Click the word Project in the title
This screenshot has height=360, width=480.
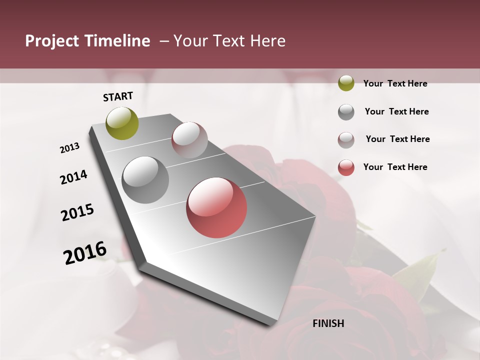pos(50,41)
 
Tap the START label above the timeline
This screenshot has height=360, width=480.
pos(118,96)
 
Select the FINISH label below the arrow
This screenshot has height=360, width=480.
pos(328,323)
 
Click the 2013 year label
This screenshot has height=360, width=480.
pos(70,148)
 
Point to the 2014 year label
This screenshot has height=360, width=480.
pos(73,177)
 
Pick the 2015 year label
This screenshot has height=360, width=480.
pos(77,212)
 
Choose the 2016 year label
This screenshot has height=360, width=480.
pos(85,253)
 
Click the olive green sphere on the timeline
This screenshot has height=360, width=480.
pos(122,123)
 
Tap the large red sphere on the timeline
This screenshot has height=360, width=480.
pos(216,208)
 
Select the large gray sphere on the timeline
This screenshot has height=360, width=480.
pos(145,180)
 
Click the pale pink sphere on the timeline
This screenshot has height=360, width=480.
pos(189,139)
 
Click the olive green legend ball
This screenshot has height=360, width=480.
pos(346,83)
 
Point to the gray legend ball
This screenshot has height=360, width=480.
pos(346,112)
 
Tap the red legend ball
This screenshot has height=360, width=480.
pos(346,167)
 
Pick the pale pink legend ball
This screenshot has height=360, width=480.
pos(346,140)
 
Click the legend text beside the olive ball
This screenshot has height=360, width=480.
pos(395,83)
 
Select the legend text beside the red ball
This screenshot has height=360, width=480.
pos(395,167)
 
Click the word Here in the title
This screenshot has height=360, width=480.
pos(267,41)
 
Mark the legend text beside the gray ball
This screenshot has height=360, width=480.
pos(396,111)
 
